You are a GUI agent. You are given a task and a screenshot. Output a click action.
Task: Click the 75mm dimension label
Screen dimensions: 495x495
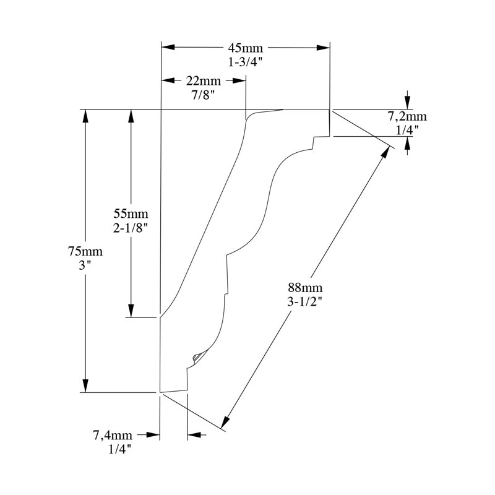(85, 251)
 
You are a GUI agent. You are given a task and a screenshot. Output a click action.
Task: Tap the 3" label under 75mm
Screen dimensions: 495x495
(85, 265)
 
